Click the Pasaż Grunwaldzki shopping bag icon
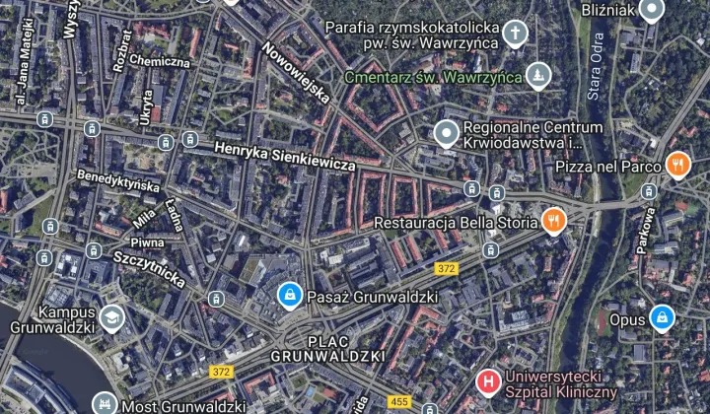(x=290, y=295)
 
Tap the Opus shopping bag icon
(x=663, y=318)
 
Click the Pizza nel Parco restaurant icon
(x=677, y=165)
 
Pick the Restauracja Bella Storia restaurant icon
(x=555, y=221)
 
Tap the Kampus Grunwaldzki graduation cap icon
(x=111, y=316)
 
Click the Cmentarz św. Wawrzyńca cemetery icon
(x=537, y=75)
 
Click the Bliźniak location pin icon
(x=651, y=10)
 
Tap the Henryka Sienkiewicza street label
(x=284, y=156)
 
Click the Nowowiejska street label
(x=296, y=74)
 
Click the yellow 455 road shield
(x=399, y=401)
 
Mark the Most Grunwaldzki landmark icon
(x=104, y=403)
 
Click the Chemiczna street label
(x=159, y=60)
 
